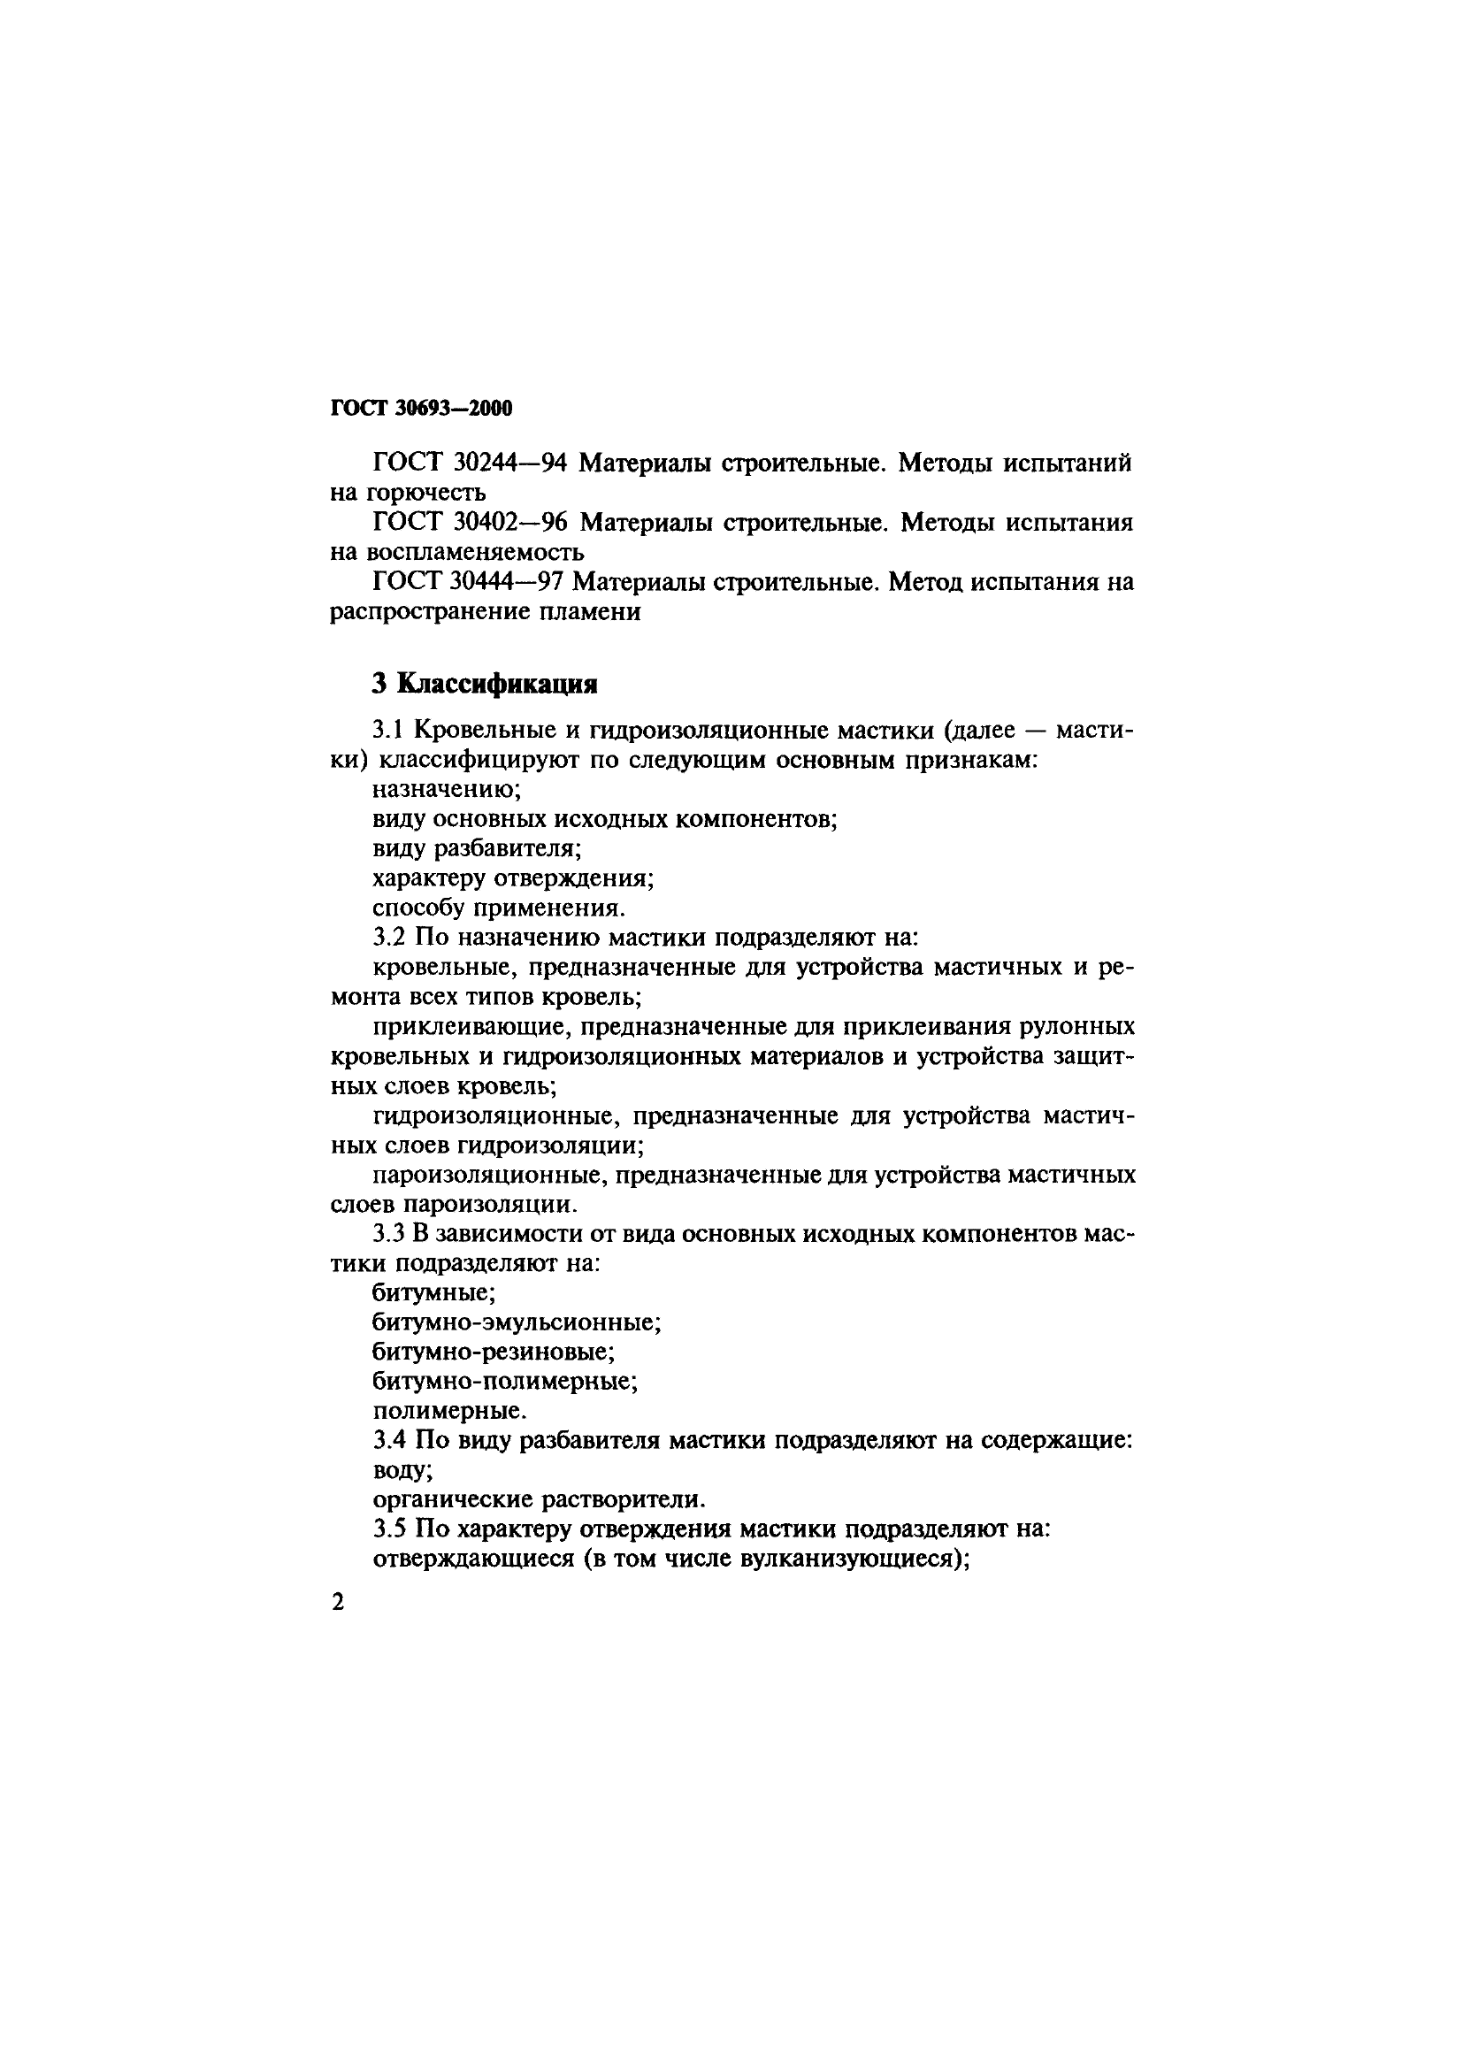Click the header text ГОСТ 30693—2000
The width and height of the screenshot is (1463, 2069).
pos(422,408)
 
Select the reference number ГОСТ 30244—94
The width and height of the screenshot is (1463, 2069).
pos(469,464)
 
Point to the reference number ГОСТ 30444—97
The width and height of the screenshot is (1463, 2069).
pos(467,581)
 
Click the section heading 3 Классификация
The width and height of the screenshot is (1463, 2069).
pos(485,684)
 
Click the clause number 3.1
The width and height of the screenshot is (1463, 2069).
pos(388,731)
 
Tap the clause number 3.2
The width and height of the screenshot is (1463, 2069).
pos(389,938)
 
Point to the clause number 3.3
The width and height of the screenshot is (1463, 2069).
pos(389,1234)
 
